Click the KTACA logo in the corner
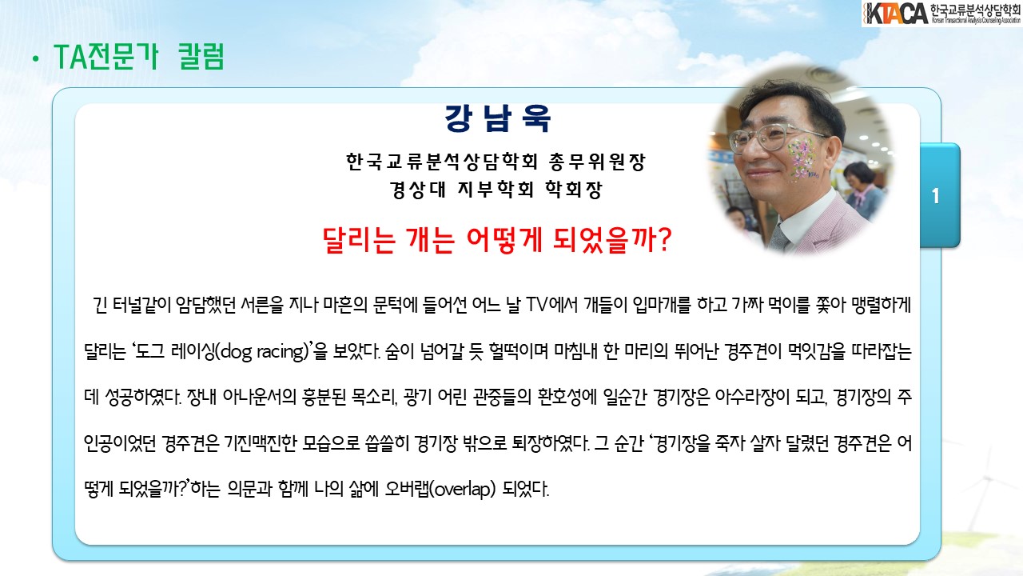(941, 14)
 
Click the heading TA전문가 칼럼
(139, 57)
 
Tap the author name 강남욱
(498, 118)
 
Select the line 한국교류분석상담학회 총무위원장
(496, 162)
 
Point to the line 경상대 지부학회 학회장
(496, 190)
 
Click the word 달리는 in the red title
(359, 240)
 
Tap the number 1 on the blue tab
(936, 196)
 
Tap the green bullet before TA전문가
(36, 59)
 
